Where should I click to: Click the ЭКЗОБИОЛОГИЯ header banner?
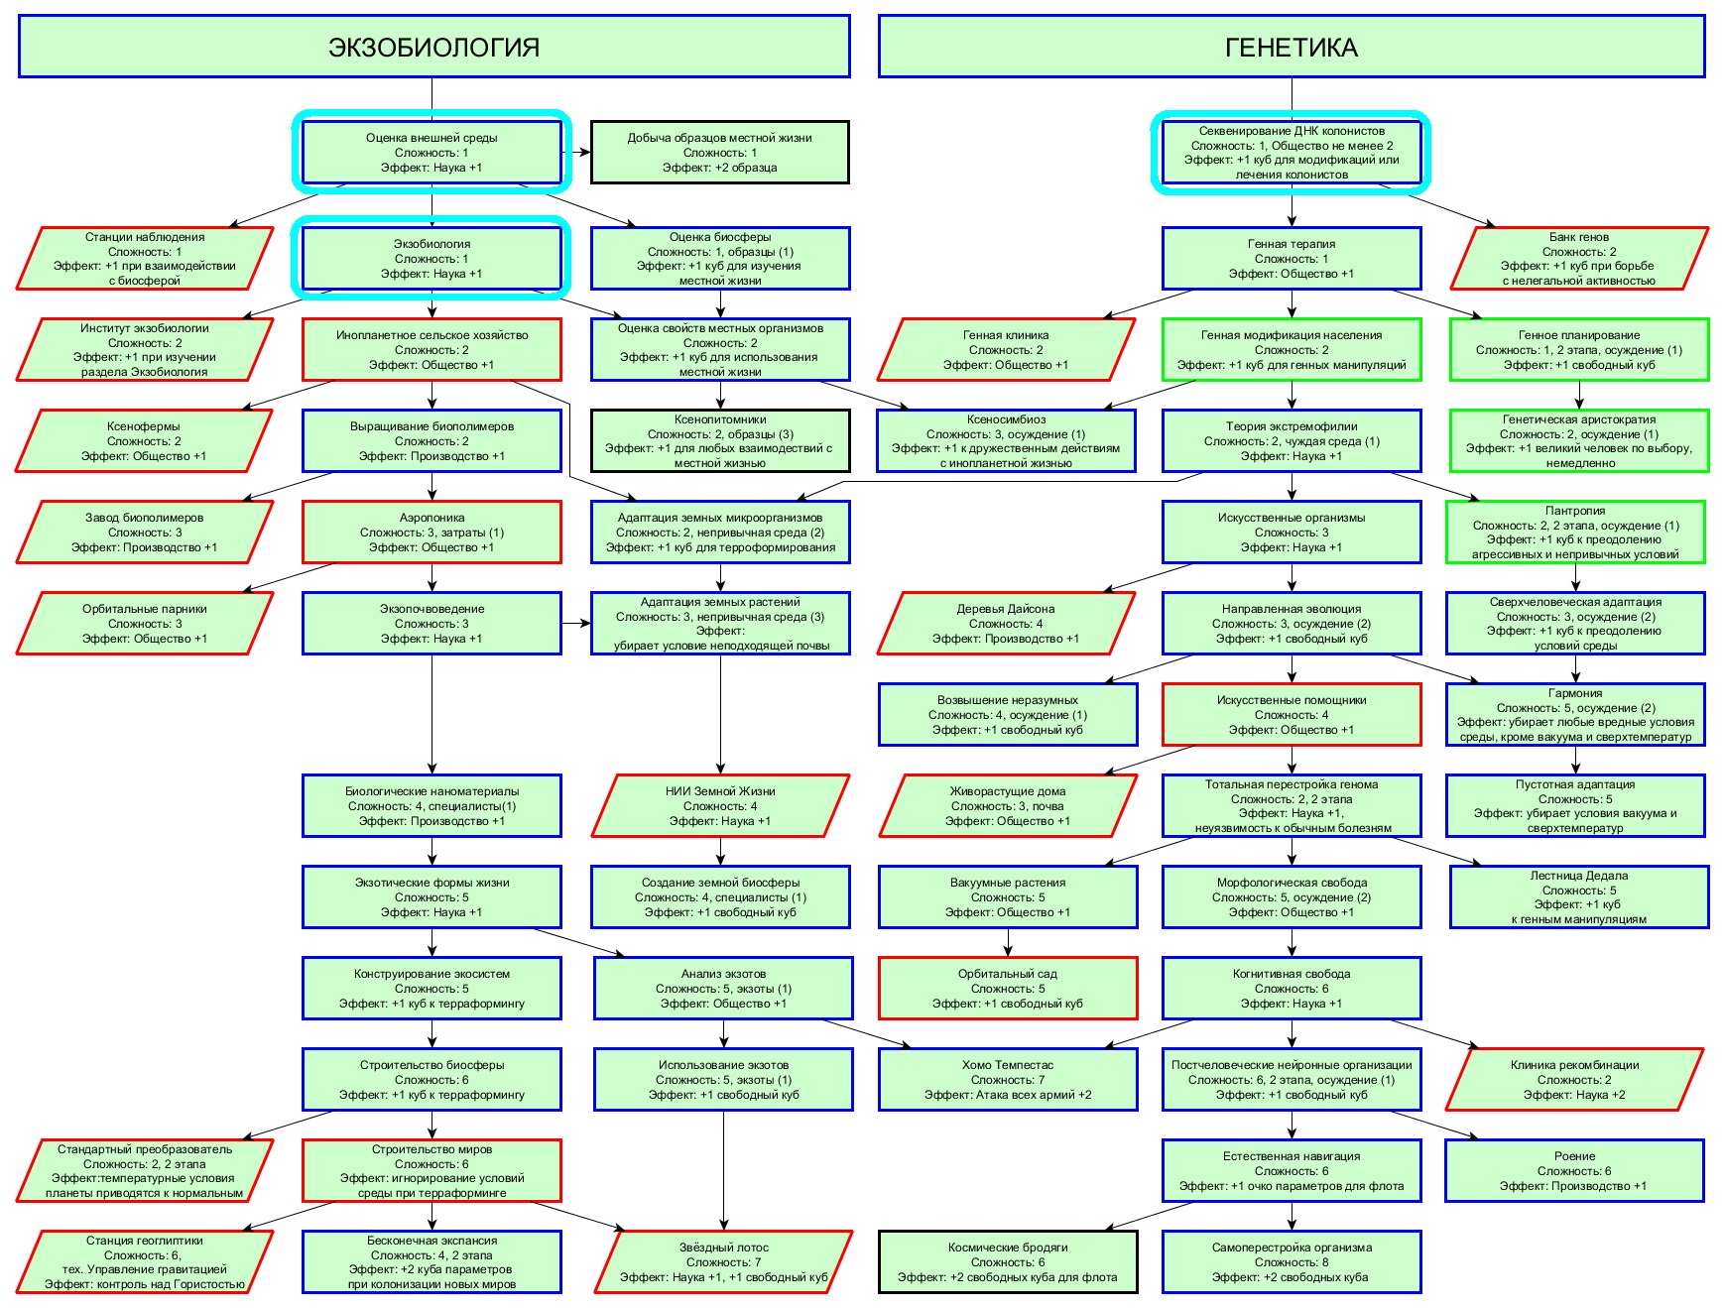434,47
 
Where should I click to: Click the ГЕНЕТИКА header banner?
1292,47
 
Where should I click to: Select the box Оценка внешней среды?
431,153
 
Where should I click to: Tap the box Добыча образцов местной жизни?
720,153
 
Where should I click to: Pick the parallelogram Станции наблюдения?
145,259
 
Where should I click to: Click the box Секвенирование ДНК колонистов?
1292,153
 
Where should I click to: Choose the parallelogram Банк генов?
1579,259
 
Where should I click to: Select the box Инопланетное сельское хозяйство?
431,350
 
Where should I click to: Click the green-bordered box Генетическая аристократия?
1579,441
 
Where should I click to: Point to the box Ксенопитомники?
720,441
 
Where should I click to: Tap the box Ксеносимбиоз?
1007,441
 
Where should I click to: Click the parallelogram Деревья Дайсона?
1007,624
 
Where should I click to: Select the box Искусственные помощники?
1292,715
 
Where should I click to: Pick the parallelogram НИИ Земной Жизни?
720,806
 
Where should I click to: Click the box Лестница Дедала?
1579,897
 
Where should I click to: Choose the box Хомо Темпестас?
1008,1080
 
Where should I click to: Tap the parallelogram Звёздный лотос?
724,1262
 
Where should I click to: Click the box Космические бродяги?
1008,1262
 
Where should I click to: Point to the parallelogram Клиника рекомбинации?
1575,1080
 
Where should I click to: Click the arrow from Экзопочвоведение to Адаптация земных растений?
576,624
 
